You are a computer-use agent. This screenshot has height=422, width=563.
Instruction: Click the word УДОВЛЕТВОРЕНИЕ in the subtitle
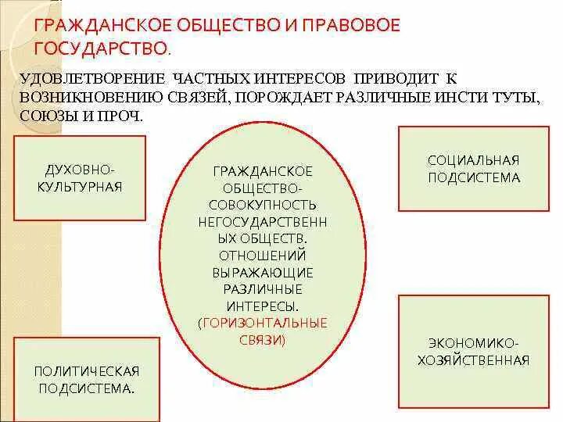tap(91, 80)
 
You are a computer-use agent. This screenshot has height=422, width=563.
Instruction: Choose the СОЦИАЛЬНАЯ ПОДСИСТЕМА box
tap(474, 169)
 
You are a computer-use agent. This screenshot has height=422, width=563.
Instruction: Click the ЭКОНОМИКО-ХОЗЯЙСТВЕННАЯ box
tap(474, 352)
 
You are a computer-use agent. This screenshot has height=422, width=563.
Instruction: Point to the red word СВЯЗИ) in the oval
tap(263, 340)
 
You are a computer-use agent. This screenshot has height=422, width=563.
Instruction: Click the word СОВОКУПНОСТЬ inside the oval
tap(263, 204)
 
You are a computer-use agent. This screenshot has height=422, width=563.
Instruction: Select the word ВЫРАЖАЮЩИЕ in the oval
tap(263, 272)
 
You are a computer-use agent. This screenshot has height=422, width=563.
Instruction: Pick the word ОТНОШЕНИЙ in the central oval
tap(263, 255)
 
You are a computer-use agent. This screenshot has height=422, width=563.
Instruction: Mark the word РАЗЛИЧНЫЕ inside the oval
tap(263, 288)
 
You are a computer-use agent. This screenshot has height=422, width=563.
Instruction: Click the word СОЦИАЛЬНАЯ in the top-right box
tap(474, 160)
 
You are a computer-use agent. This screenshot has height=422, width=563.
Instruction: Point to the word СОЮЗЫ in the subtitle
tap(48, 115)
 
